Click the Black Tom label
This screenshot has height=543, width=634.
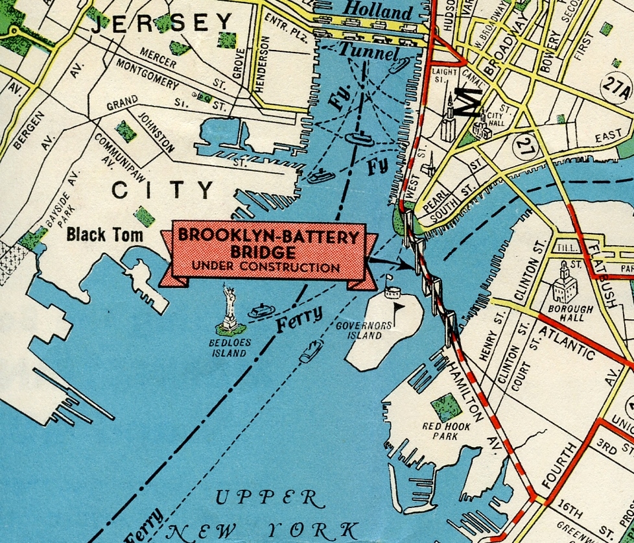coord(104,235)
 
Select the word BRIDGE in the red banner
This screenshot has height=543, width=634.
coord(268,253)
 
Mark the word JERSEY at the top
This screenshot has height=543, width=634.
coord(161,24)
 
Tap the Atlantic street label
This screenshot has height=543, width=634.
coord(567,343)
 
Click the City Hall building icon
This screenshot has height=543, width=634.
coord(480,128)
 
